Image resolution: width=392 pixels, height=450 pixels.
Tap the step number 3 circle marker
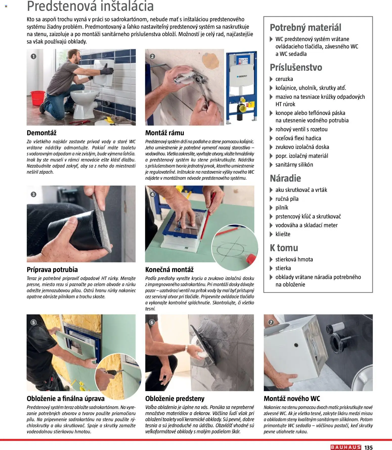click(33, 194)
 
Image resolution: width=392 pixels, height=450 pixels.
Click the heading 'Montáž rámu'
click(164, 133)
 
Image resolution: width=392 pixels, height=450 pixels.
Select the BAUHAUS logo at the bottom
click(345, 447)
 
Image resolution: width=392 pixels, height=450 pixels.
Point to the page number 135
click(368, 447)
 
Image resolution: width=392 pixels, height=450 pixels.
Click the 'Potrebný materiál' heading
click(305, 27)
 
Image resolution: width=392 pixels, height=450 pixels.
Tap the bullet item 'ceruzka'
click(284, 79)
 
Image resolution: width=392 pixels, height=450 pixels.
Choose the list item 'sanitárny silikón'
click(294, 165)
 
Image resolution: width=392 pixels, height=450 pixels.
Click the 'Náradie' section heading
click(285, 178)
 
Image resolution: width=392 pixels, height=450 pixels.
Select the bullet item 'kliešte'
click(283, 234)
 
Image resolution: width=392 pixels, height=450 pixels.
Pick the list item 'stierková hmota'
click(294, 259)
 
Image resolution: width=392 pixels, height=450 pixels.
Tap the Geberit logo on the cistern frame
click(242, 76)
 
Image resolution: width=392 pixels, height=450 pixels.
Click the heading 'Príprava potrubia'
click(52, 270)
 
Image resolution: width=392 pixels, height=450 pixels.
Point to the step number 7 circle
click(271, 322)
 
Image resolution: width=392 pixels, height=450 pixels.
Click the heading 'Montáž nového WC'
click(292, 399)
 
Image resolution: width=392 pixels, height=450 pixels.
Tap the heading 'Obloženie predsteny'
click(175, 399)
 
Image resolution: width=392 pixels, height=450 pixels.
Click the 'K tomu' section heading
click(284, 248)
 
